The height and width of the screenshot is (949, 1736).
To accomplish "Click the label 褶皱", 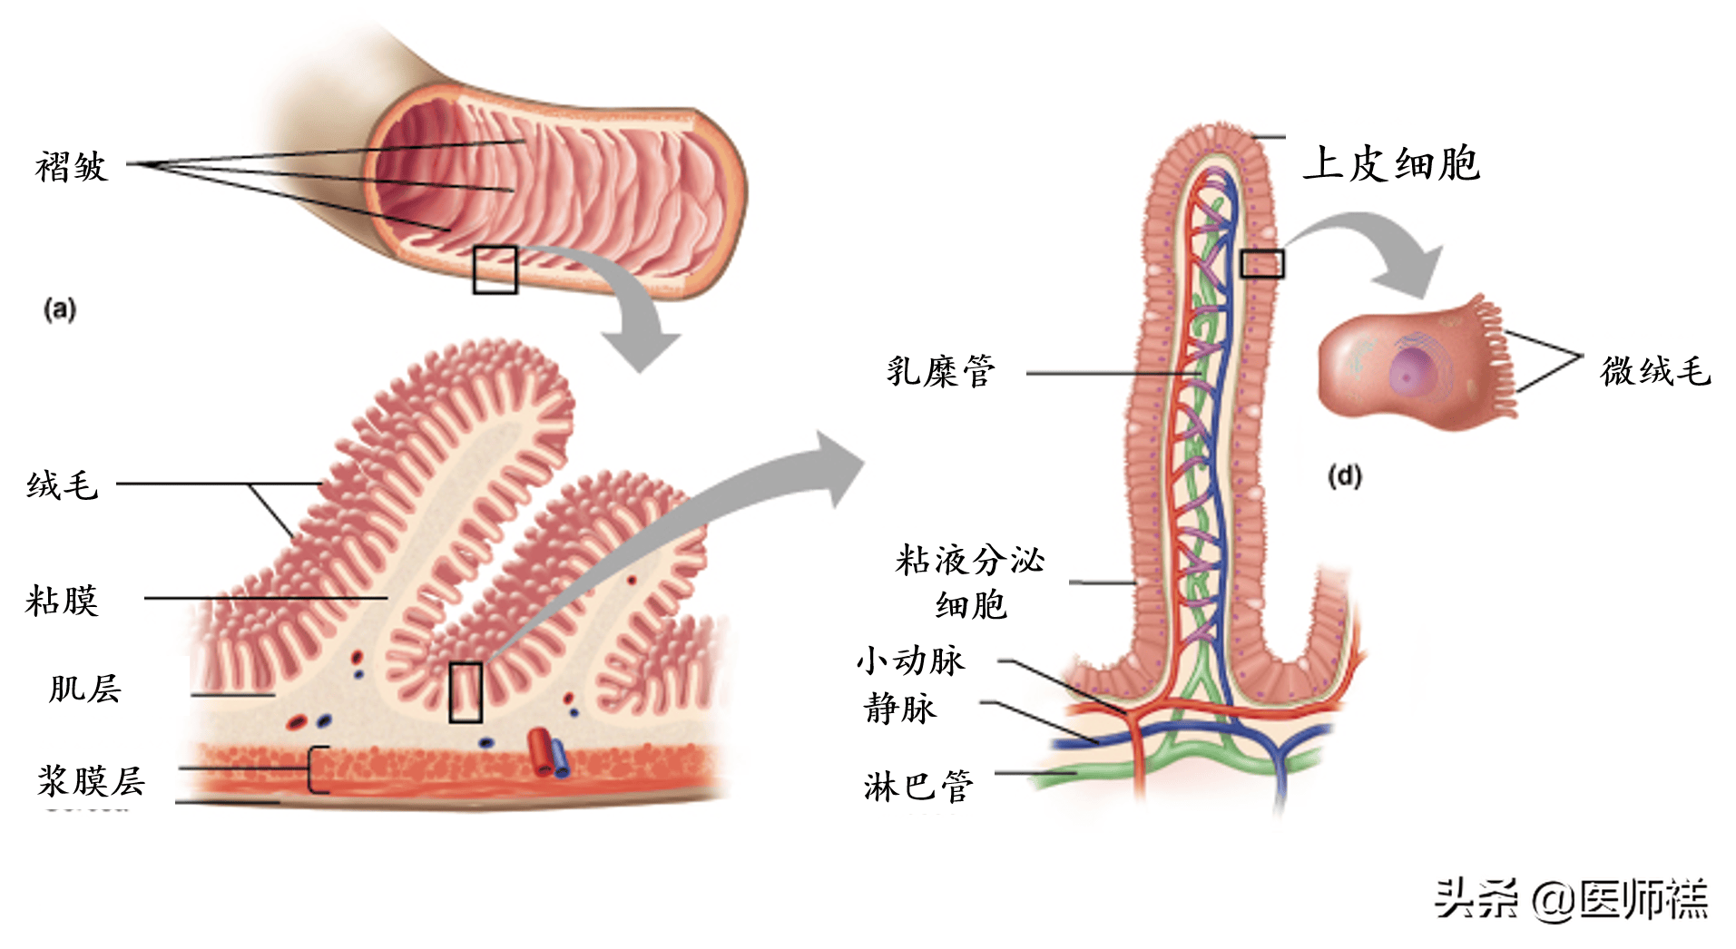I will point(72,167).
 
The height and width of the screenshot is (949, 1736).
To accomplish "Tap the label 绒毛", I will point(62,485).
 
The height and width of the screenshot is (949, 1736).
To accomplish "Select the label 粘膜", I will point(62,601).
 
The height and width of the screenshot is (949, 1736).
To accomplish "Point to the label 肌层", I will point(84,689).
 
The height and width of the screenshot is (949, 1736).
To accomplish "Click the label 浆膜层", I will point(91,780).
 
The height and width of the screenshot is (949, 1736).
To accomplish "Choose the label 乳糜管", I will point(941,371).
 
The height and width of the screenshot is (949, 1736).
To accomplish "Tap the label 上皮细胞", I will point(1391,164).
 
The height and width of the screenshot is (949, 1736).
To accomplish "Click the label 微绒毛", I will point(1655,371).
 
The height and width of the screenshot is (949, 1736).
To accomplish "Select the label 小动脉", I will point(910,660).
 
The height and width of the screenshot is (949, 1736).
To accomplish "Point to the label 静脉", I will point(899,708).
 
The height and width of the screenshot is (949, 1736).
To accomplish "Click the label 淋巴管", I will point(918,786).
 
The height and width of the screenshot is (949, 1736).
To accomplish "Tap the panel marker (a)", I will point(60,310).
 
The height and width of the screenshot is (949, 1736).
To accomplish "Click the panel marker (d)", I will point(1344,476).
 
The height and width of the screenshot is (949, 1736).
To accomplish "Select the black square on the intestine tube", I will point(495,269).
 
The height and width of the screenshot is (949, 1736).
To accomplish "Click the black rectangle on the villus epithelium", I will point(1262,264).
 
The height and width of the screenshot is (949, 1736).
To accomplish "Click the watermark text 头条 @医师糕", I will point(1571,899).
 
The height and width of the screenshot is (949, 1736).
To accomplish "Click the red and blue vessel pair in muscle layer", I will point(548,751).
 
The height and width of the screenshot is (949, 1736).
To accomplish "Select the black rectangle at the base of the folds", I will point(466,692).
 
